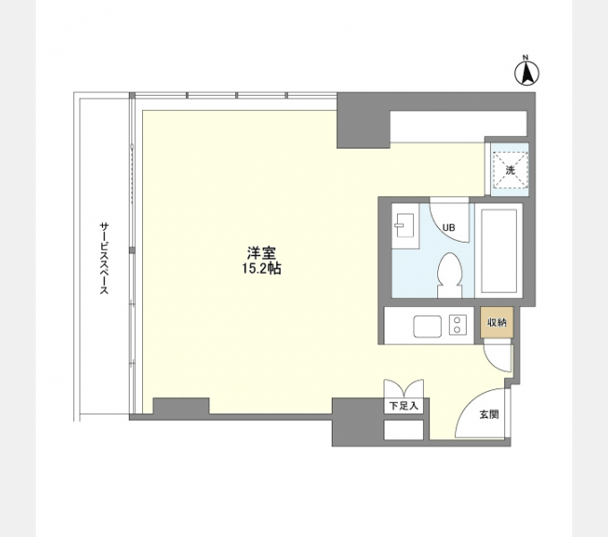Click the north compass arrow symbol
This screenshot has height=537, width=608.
[x=527, y=73]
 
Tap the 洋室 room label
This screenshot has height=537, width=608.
[x=262, y=253]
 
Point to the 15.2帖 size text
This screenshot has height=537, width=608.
[x=262, y=268]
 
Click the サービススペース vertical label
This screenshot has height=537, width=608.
[x=104, y=258]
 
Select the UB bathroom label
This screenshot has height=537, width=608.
[x=449, y=227]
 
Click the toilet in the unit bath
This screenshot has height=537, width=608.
[x=450, y=275]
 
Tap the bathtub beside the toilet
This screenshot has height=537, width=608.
[x=499, y=251]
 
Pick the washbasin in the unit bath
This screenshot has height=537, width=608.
[x=404, y=226]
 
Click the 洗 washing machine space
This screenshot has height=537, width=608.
[x=510, y=170]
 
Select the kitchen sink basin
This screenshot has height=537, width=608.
[x=427, y=327]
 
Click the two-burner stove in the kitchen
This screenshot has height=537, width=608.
[x=458, y=325]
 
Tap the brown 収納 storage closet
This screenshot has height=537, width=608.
[x=497, y=322]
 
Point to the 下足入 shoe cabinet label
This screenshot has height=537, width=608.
[x=403, y=406]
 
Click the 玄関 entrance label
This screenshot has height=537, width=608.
[x=489, y=414]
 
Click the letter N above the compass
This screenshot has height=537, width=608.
[x=526, y=58]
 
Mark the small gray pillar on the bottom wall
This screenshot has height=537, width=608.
[x=182, y=405]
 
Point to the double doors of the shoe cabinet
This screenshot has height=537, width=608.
[x=403, y=388]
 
